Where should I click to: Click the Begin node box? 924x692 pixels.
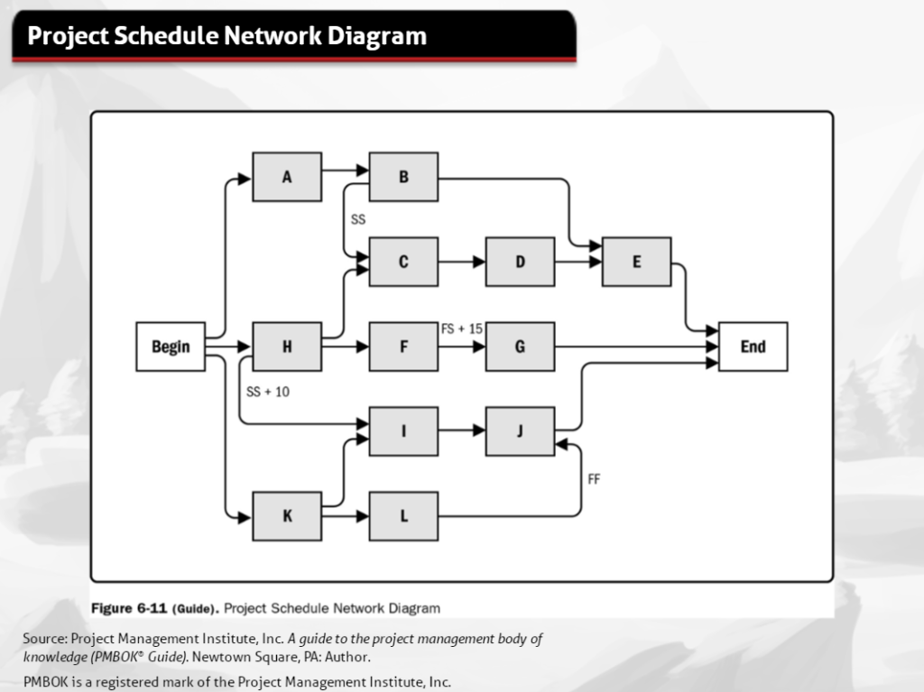171,346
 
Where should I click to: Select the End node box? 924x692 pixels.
753,346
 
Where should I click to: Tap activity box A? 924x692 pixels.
287,177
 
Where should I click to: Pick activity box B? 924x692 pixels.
403,177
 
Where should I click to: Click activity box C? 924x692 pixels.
403,262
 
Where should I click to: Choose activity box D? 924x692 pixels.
520,262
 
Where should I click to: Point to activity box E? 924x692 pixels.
636,262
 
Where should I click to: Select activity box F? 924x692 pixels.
403,346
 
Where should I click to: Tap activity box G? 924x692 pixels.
520,346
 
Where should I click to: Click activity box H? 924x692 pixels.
287,346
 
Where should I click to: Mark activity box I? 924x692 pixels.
403,431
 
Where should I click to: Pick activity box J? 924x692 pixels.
520,431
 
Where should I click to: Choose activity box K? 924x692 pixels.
287,516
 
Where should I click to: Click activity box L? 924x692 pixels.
403,516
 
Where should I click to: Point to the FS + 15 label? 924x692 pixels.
461,329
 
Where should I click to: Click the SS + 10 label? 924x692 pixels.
267,392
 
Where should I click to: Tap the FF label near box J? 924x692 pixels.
594,480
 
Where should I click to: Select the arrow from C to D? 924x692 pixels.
462,263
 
